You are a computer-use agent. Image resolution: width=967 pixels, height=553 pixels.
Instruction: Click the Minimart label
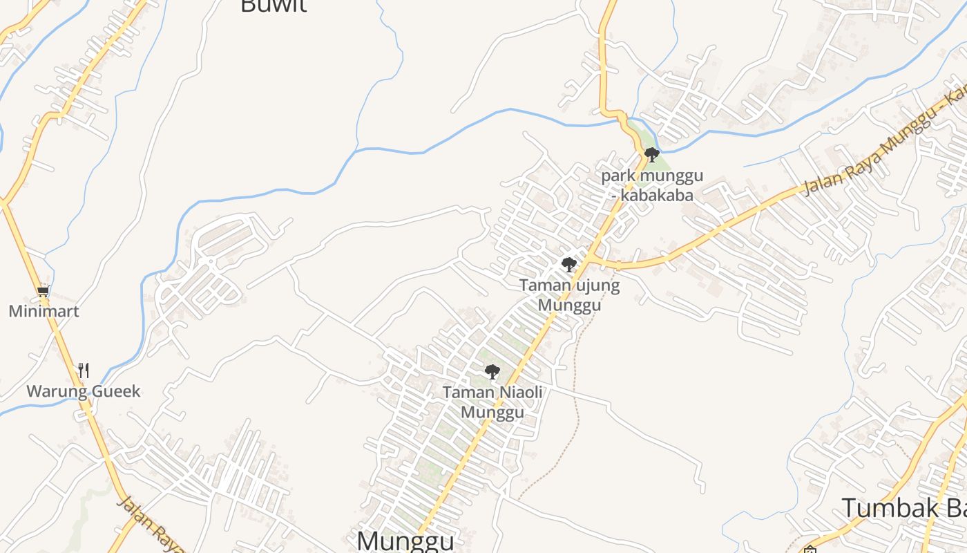44,311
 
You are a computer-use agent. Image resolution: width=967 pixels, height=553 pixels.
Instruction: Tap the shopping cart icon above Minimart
44,292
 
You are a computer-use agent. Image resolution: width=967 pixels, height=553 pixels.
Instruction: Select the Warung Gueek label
83,391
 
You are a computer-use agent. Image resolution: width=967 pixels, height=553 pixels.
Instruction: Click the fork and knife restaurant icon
84,371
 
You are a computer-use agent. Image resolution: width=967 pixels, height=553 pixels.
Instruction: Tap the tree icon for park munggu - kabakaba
651,154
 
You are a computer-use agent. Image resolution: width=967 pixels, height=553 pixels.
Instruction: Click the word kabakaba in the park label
656,195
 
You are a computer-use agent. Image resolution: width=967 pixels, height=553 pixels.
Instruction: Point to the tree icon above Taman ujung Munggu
568,264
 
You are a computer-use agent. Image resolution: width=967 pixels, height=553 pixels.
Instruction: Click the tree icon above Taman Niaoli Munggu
492,372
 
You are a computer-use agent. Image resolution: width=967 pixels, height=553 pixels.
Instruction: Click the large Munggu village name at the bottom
405,541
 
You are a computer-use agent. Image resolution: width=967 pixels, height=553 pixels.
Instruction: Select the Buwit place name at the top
273,6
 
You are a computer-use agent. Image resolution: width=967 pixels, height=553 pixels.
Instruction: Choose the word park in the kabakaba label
618,176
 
